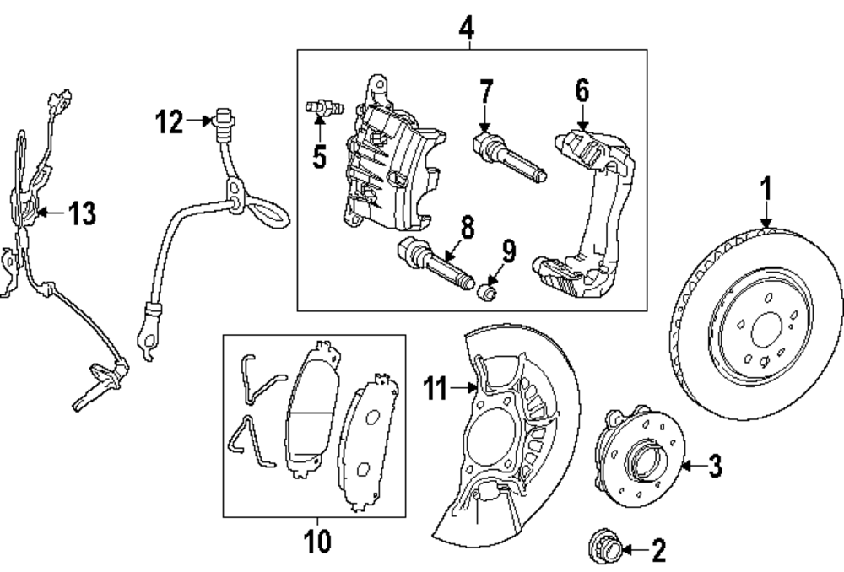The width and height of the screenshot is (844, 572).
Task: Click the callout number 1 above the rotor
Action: click(766, 190)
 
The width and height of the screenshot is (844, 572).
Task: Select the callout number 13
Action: click(83, 213)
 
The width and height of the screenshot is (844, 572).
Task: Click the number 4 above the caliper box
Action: click(467, 28)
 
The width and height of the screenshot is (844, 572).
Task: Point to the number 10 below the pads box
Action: click(317, 541)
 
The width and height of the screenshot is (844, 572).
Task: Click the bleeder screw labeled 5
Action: click(325, 108)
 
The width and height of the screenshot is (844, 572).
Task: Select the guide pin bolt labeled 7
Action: click(509, 156)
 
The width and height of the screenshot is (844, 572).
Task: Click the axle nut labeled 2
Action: click(605, 548)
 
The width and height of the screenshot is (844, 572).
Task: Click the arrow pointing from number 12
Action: click(199, 121)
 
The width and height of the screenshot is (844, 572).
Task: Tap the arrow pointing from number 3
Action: click(694, 466)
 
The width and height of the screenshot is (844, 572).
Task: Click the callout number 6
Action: click(582, 90)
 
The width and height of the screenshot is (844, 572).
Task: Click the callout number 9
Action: click(509, 251)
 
